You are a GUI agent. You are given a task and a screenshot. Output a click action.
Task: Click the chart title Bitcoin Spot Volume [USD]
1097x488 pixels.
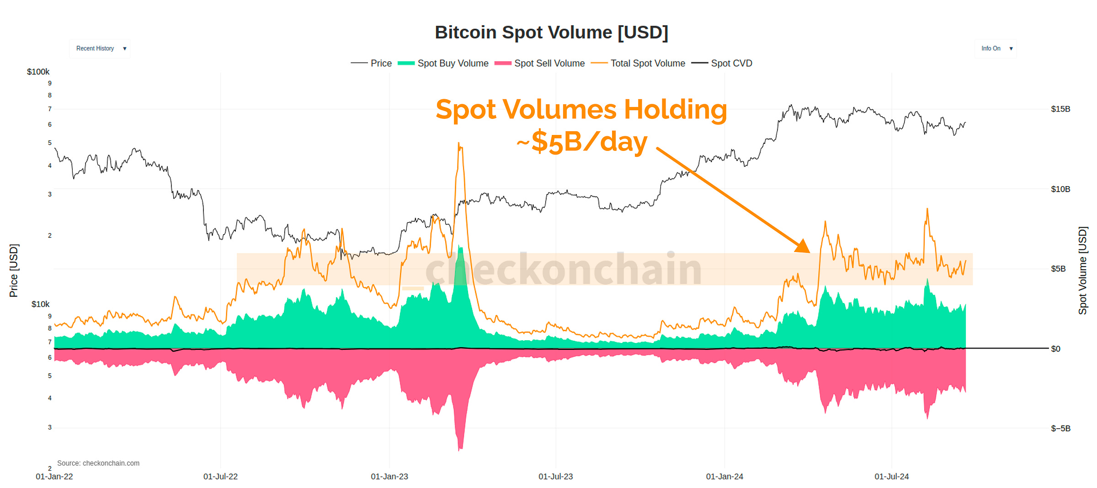tap(551, 32)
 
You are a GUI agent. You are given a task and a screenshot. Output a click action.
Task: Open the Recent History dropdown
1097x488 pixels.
tap(100, 48)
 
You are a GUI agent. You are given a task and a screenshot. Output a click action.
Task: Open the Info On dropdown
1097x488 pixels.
tap(996, 48)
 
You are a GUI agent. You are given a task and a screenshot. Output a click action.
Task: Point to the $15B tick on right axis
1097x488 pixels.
tap(1060, 109)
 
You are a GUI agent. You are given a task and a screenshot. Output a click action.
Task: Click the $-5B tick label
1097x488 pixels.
tap(1060, 429)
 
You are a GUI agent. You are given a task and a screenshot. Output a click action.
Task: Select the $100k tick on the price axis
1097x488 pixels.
tap(38, 72)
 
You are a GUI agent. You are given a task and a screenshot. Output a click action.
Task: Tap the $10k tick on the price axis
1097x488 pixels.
tap(40, 304)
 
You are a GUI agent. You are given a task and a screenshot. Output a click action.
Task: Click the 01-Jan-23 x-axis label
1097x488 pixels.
tap(389, 477)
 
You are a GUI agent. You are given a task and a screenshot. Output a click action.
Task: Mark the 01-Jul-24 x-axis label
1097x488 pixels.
tap(891, 477)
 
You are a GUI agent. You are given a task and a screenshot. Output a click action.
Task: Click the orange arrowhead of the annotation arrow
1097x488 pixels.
tap(804, 247)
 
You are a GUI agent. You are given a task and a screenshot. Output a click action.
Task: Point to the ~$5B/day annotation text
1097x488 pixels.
tap(582, 142)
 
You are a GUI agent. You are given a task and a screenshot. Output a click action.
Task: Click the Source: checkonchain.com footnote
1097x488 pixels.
tap(98, 463)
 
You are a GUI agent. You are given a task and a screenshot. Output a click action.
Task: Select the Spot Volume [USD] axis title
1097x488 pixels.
tap(1082, 270)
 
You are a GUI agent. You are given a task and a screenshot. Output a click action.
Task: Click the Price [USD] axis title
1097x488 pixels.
tap(14, 270)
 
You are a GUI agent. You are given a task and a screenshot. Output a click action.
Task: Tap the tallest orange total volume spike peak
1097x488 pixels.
tap(459, 144)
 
